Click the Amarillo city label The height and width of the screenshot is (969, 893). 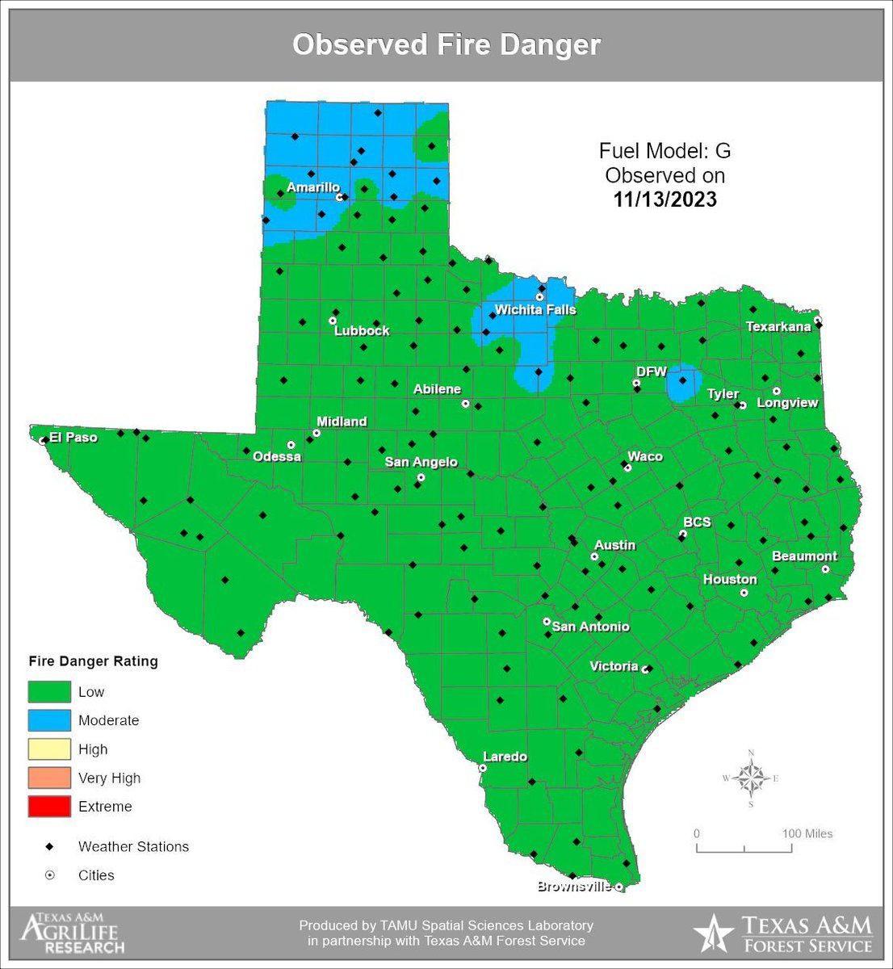[x=313, y=187]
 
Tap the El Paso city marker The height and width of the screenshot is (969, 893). [x=42, y=441]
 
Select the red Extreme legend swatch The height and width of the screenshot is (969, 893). [x=49, y=807]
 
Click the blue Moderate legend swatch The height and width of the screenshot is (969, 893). [x=49, y=720]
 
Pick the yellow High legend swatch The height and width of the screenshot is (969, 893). [x=49, y=749]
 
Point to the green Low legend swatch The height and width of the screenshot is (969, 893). [x=49, y=692]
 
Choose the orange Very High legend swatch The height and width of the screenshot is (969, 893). [x=49, y=778]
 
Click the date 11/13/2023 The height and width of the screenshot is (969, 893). [x=665, y=199]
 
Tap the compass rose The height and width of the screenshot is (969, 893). [x=751, y=779]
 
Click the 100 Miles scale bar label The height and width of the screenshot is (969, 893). [x=807, y=833]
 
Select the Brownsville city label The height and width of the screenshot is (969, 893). [x=575, y=887]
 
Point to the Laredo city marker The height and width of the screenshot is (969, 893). [x=483, y=768]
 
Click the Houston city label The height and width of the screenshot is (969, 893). [x=730, y=579]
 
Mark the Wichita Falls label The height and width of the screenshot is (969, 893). [x=535, y=309]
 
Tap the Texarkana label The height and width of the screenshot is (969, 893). [x=778, y=326]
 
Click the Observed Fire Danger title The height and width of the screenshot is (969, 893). [x=446, y=44]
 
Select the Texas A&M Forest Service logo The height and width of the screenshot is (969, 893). [x=782, y=934]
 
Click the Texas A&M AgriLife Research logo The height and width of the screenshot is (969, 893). [x=73, y=933]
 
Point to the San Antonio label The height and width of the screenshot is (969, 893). [x=591, y=627]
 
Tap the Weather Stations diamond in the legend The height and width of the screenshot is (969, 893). [x=49, y=846]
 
